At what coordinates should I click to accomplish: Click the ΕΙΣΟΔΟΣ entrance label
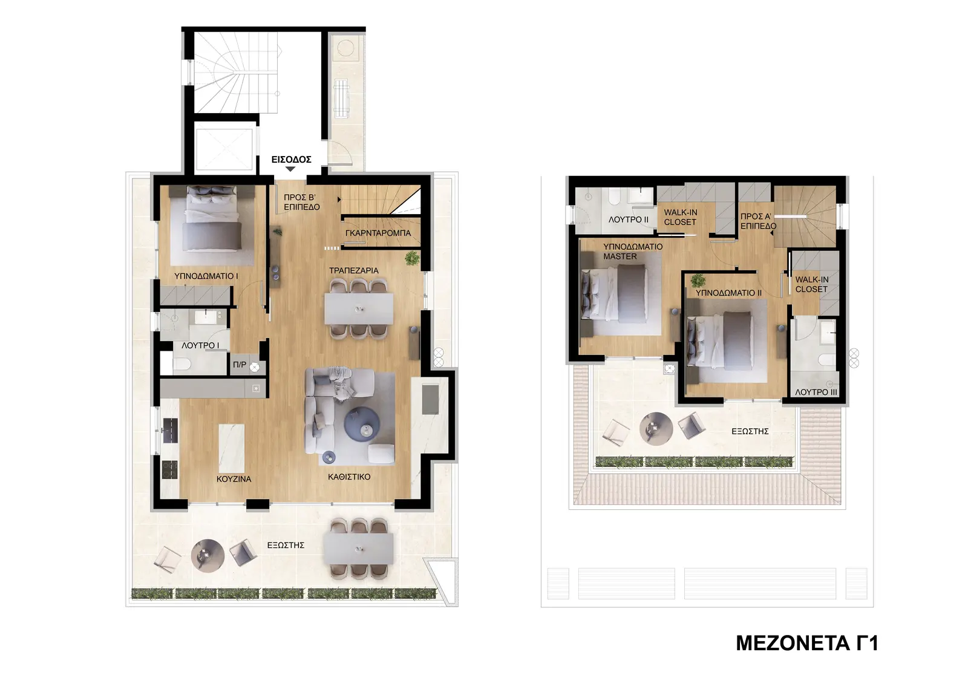pos(291,160)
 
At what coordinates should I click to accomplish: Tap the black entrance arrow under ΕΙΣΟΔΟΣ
pos(290,169)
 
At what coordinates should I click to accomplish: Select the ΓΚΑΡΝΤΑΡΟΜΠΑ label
pos(378,233)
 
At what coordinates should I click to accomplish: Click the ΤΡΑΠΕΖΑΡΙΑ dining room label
pos(353,270)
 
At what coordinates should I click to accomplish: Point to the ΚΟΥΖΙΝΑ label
pos(234,479)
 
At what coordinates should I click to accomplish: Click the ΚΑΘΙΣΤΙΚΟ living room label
pos(349,477)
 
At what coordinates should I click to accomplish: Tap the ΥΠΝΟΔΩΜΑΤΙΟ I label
pos(206,276)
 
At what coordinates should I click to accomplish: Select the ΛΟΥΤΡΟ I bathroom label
pos(200,346)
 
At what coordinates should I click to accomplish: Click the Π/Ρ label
pos(240,365)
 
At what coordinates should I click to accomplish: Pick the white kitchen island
pos(232,448)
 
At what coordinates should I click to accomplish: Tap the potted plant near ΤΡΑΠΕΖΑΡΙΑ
pos(412,258)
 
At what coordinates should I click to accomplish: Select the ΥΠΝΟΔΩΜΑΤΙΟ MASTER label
pos(633,252)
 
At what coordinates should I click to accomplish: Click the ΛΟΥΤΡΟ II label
pos(629,220)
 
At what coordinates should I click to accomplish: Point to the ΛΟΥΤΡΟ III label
pos(816,392)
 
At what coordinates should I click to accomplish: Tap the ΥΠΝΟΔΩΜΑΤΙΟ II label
pos(728,293)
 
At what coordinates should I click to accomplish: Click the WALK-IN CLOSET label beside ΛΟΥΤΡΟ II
pos(680,217)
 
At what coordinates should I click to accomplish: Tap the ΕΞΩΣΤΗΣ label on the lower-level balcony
pos(286,546)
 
